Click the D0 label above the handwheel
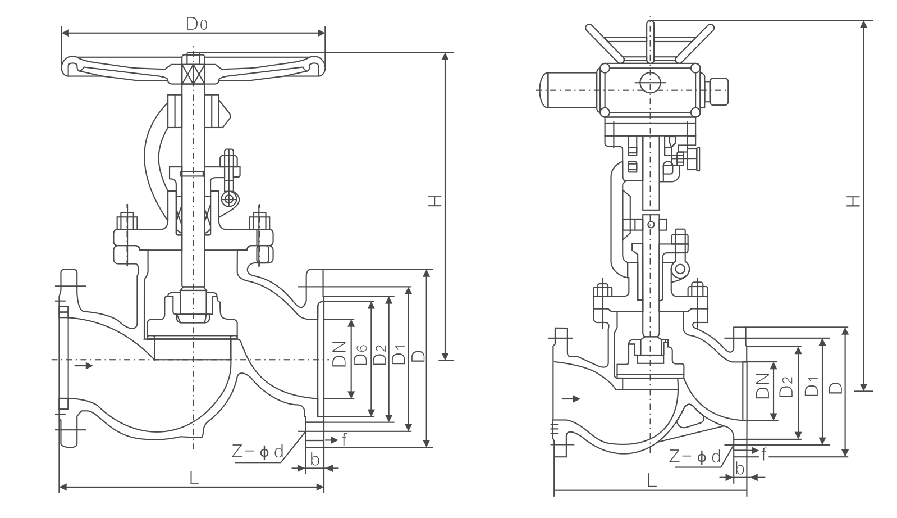(x=196, y=24)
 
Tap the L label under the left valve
(x=194, y=478)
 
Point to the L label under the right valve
(x=651, y=480)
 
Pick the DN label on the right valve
(x=762, y=386)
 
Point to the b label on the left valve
(x=315, y=460)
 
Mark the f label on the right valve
(x=764, y=453)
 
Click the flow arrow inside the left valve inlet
(x=83, y=366)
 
